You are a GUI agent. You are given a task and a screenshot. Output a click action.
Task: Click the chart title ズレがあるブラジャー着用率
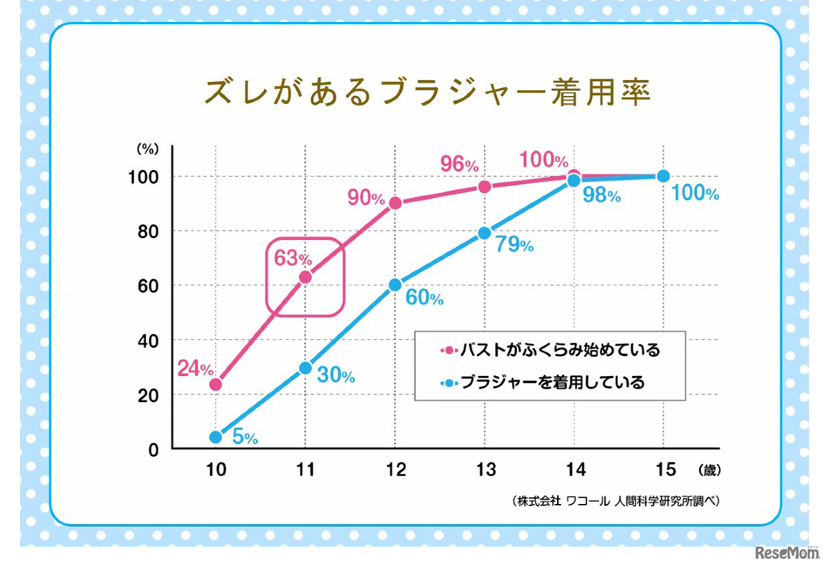426,93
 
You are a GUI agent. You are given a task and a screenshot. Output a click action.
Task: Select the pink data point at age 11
305,277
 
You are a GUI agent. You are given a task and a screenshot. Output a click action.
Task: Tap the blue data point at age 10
215,437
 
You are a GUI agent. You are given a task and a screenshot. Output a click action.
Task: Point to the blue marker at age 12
395,285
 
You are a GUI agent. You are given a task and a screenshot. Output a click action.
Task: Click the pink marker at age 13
484,187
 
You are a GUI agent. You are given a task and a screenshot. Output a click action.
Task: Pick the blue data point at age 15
663,176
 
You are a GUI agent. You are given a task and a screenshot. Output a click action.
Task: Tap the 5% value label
245,437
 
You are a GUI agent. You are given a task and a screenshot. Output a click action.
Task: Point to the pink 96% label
459,163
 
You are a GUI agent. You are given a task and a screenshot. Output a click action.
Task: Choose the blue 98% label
602,195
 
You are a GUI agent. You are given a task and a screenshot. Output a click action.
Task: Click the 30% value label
336,375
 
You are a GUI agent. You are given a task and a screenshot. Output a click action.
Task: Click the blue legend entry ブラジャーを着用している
542,383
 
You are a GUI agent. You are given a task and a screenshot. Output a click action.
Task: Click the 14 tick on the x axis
575,470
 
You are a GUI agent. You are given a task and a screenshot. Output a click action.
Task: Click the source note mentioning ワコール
616,501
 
